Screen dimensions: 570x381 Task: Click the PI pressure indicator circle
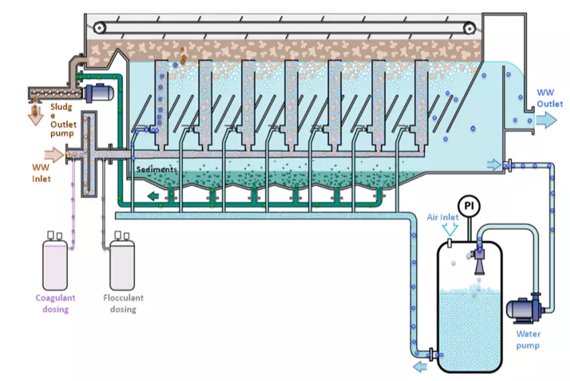[x=469, y=206]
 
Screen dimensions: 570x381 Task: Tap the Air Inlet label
[x=443, y=217]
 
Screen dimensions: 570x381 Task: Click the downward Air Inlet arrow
[x=450, y=230]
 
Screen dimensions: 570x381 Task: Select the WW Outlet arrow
[x=546, y=120]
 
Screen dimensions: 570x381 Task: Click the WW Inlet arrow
[x=54, y=155]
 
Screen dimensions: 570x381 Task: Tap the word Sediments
[x=156, y=169]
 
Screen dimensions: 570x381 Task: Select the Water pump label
[x=528, y=339]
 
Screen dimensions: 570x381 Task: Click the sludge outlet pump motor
[x=99, y=93]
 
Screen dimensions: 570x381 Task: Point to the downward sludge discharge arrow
[x=36, y=115]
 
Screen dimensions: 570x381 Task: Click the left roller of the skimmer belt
[x=99, y=27]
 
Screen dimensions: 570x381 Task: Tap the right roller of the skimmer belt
[x=469, y=27]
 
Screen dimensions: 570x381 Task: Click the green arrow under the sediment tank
[x=153, y=196]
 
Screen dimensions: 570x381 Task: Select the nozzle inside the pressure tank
[x=479, y=260]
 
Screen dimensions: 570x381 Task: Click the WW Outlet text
[x=550, y=98]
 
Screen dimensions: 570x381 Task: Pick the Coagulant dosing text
[x=55, y=303]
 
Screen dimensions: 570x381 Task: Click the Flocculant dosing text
[x=123, y=303]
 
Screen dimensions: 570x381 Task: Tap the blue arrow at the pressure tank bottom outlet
[x=420, y=366]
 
